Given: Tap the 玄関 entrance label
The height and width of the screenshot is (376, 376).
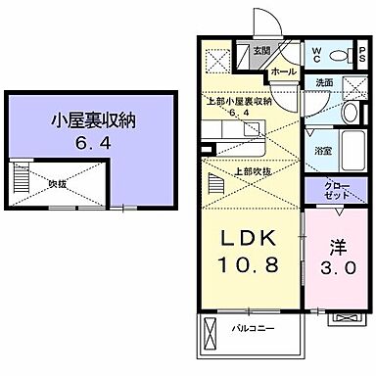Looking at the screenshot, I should coord(260,52).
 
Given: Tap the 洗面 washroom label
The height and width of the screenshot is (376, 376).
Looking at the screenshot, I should coord(324,83).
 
